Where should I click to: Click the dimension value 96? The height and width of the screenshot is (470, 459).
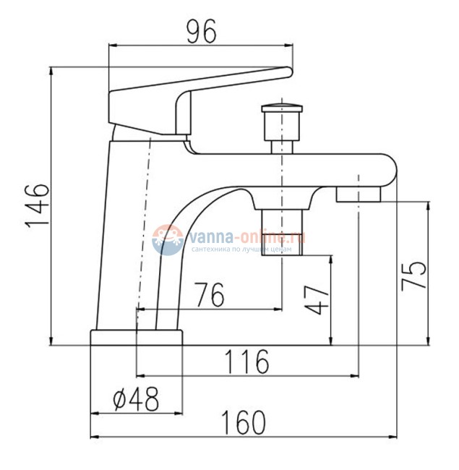click(x=201, y=32)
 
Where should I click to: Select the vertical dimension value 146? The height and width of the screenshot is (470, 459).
click(x=37, y=205)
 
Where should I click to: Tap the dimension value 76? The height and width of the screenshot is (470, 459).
click(x=210, y=294)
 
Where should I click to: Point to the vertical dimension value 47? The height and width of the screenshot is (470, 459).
click(x=316, y=300)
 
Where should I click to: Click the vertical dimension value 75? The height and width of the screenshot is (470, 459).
click(x=413, y=275)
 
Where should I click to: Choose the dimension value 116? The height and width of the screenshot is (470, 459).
click(x=246, y=362)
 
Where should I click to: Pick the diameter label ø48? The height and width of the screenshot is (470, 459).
click(x=136, y=399)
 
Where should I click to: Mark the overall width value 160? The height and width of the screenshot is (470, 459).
click(x=244, y=422)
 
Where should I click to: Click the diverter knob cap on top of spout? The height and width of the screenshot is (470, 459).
click(x=282, y=108)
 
